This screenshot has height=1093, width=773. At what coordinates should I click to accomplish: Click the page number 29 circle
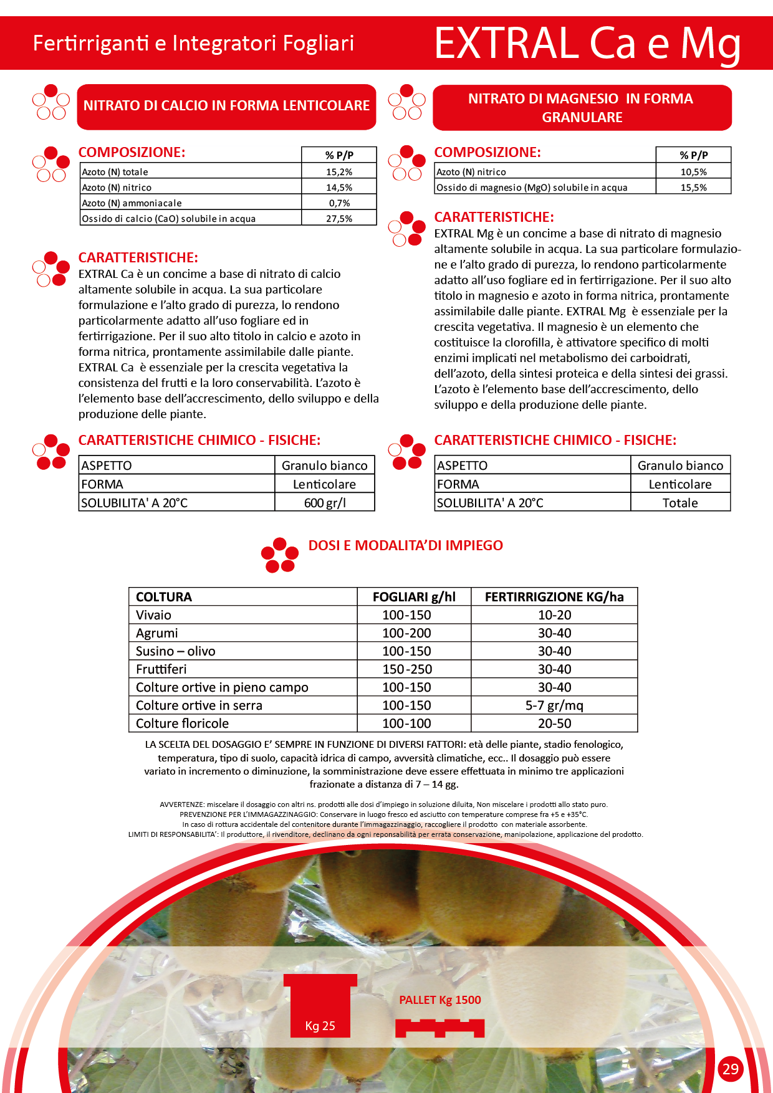[730, 1069]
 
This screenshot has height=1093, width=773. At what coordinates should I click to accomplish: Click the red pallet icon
[439, 1028]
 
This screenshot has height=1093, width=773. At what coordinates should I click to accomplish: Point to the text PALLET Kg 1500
[440, 1000]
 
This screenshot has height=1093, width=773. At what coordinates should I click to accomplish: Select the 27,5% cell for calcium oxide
[339, 219]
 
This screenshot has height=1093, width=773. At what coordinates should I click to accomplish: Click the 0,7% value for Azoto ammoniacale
[339, 203]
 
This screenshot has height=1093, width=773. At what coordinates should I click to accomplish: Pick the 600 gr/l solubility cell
[325, 503]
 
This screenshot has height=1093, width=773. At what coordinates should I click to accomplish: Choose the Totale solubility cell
[680, 503]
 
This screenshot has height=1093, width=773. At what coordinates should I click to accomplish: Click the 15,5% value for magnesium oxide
[693, 188]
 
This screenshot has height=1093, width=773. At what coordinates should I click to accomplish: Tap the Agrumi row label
[157, 633]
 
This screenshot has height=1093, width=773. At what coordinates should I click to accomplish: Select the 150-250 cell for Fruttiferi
[407, 669]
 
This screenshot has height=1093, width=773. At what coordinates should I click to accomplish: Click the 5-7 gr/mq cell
[554, 705]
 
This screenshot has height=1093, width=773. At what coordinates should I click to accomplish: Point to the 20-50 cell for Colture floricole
[554, 723]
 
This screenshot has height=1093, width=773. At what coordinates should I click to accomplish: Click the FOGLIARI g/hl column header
[414, 597]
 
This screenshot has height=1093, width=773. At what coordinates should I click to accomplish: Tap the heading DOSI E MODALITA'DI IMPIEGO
[406, 545]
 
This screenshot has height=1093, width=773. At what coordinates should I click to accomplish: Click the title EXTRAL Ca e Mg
[587, 44]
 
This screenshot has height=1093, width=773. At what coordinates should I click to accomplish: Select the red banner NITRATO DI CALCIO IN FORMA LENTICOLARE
[226, 106]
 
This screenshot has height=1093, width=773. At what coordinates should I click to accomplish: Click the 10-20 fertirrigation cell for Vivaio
[554, 615]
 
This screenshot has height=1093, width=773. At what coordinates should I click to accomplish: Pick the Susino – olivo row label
[176, 651]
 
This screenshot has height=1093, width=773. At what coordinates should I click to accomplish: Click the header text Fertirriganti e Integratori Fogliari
[193, 43]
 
